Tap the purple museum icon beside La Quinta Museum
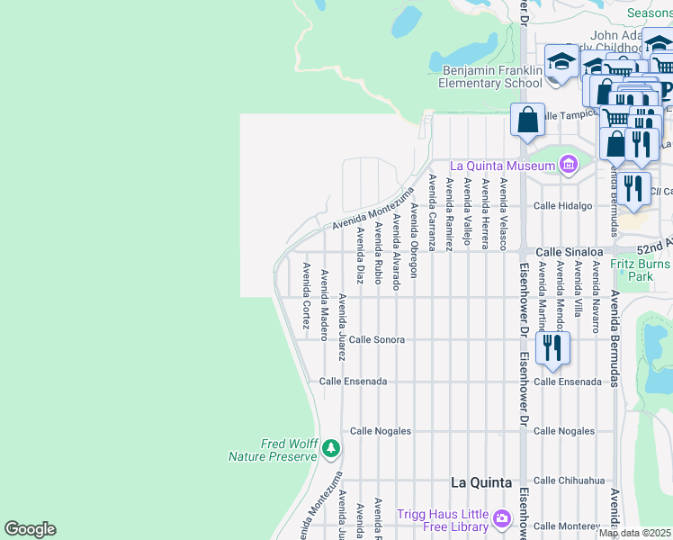pyautogui.click(x=568, y=165)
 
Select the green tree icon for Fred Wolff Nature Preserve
pyautogui.click(x=331, y=447)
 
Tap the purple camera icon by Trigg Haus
pyautogui.click(x=501, y=518)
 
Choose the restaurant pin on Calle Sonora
pyautogui.click(x=552, y=346)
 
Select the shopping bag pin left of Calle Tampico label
pyautogui.click(x=527, y=119)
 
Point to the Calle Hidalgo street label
pyautogui.click(x=562, y=205)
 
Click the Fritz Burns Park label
pyautogui.click(x=642, y=270)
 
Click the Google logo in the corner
pyautogui.click(x=30, y=529)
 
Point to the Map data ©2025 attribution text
pyautogui.click(x=634, y=533)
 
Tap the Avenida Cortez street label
pyautogui.click(x=306, y=295)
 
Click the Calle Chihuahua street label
pyautogui.click(x=569, y=481)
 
